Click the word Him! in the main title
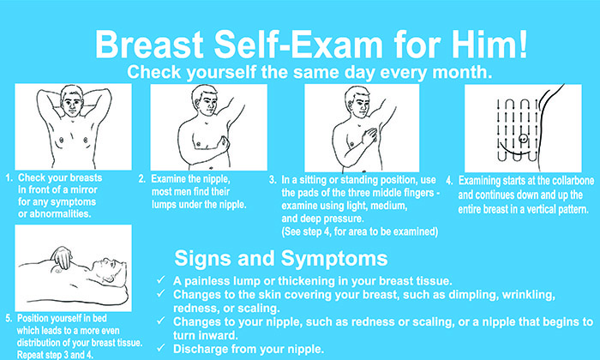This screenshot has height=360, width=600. (x=490, y=44)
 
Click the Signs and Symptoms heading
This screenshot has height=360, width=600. (x=281, y=259)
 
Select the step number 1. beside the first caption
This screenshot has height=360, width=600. (x=9, y=178)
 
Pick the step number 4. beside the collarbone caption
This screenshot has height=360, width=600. (x=450, y=181)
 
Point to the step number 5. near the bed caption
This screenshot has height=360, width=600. (x=9, y=318)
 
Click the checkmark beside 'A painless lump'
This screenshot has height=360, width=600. (x=161, y=280)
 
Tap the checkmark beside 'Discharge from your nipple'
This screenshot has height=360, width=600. (x=161, y=348)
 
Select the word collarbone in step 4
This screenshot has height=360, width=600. (x=572, y=181)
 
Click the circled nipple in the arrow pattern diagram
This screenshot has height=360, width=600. (x=523, y=139)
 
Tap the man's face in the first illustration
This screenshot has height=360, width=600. (x=71, y=101)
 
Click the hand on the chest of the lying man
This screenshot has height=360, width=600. (x=62, y=257)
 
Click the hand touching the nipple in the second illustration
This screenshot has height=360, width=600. (x=223, y=145)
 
